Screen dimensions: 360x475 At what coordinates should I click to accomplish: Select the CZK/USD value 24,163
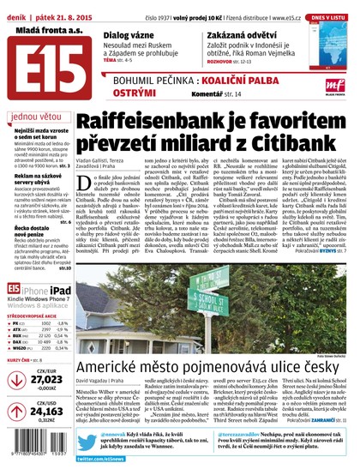coord(46,412)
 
